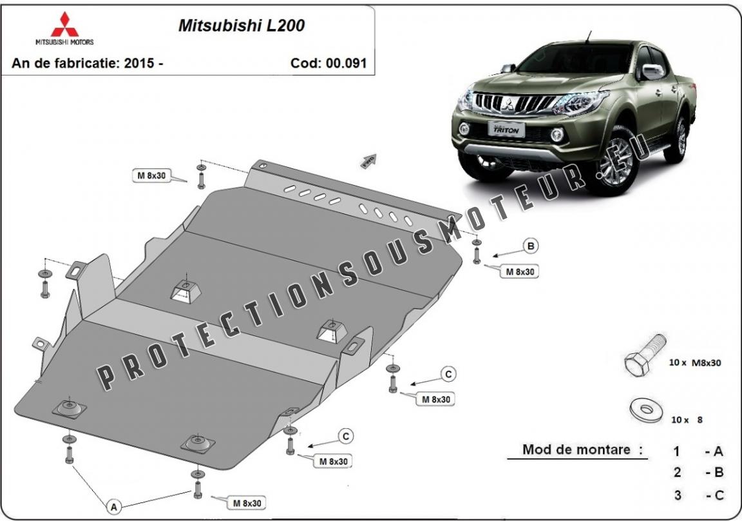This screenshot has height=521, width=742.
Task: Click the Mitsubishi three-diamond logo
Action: coord(65,24)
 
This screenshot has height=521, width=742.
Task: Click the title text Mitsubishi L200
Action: coord(242,26)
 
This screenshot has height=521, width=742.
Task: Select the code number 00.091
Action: coord(348,63)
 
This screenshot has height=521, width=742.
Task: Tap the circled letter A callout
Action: coord(113,507)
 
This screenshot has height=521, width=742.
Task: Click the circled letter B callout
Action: coord(531,246)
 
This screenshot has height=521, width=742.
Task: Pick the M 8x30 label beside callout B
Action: coord(520,271)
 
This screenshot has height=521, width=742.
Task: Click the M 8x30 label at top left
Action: coord(151,176)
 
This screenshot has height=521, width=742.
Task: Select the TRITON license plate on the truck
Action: coord(506,129)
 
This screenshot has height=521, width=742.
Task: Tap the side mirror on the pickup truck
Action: coord(651,72)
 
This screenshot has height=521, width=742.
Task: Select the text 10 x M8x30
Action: coord(695,363)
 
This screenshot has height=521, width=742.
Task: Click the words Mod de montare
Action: coord(576,449)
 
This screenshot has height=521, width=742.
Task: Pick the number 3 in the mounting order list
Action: coord(678,495)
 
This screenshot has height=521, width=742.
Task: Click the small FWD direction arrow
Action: coord(368,161)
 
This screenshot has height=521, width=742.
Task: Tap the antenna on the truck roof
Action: coord(589,37)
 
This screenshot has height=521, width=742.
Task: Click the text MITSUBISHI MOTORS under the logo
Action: coord(65,42)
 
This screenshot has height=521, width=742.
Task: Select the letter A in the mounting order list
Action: coord(718,451)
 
